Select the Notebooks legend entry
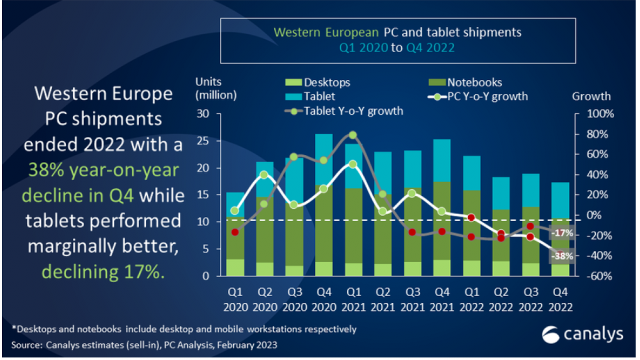click(x=467, y=82)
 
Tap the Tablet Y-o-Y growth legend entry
click(x=345, y=111)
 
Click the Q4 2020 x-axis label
click(x=324, y=298)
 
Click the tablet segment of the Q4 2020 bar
click(x=324, y=159)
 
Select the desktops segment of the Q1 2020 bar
click(x=235, y=267)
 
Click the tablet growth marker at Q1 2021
click(x=352, y=135)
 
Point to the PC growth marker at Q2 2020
click(x=264, y=175)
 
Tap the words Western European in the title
click(x=326, y=33)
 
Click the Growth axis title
click(x=591, y=96)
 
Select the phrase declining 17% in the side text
click(x=102, y=271)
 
